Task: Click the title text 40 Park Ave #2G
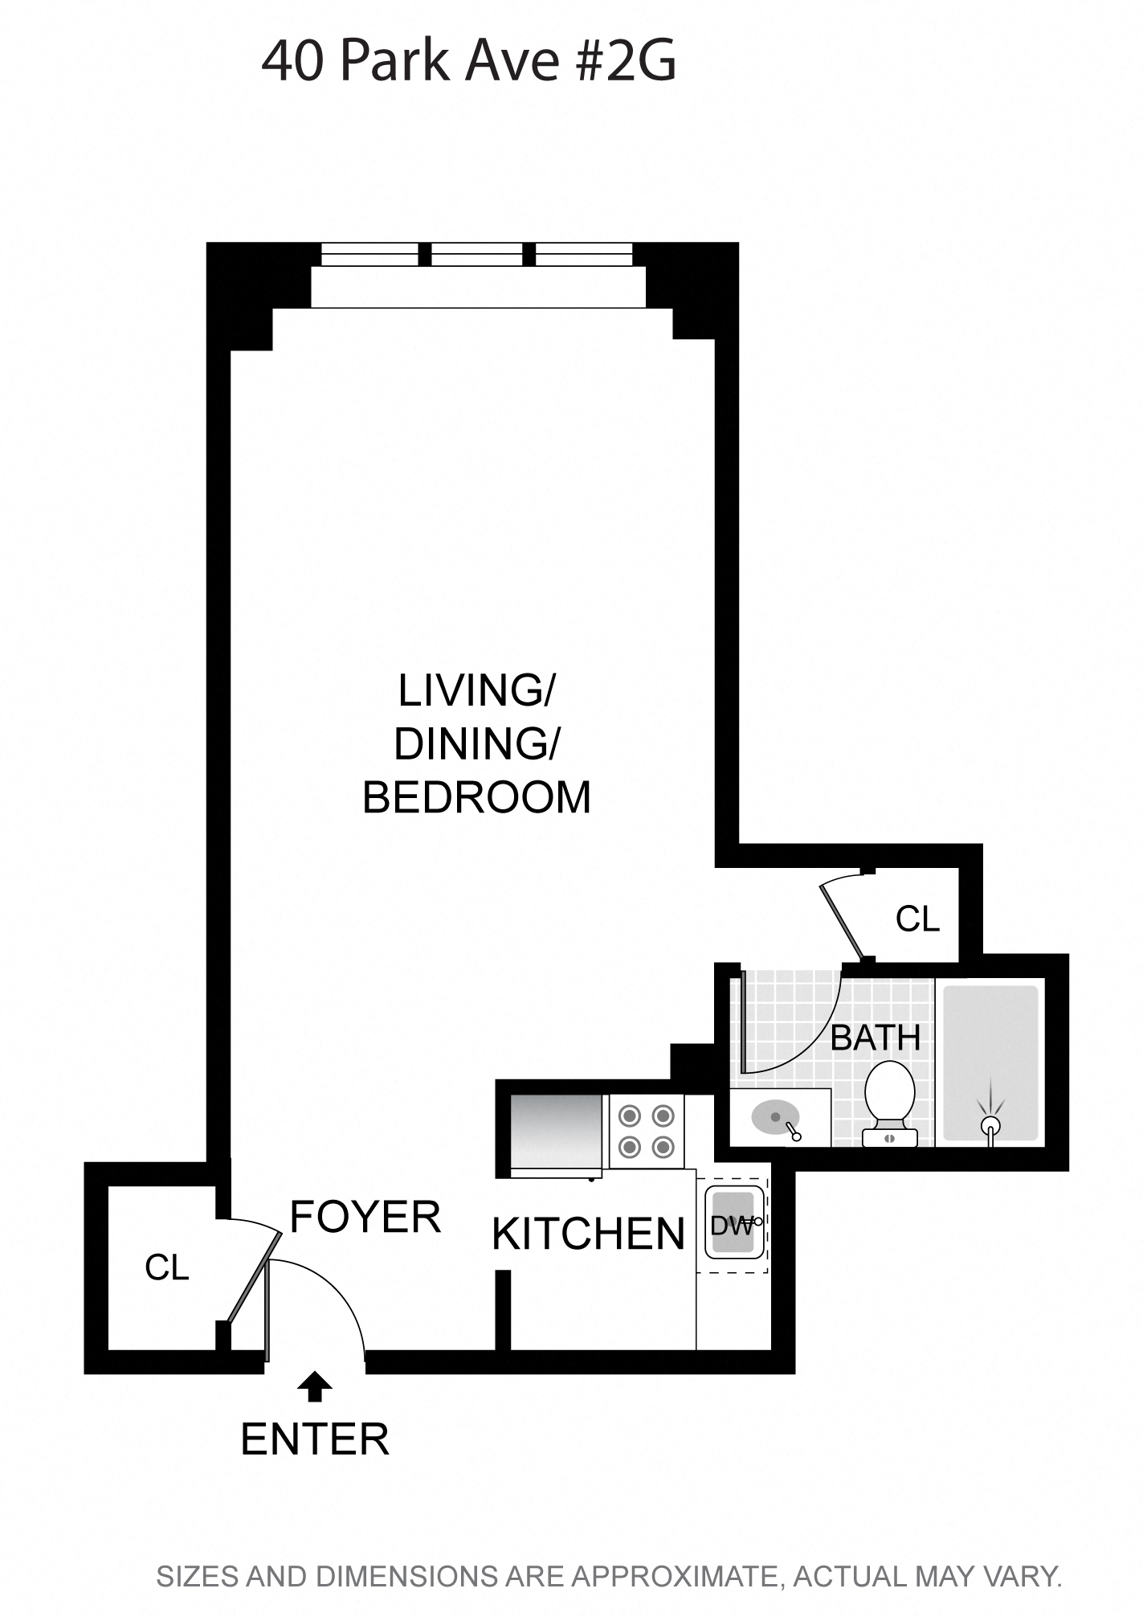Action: point(468,62)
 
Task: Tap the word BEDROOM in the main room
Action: point(476,797)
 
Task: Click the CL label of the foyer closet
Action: point(166,1267)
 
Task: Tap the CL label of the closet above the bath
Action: point(917,919)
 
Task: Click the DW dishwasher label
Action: point(731,1226)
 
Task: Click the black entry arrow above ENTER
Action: point(314,1386)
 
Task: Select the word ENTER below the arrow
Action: point(315,1439)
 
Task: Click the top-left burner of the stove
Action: point(630,1116)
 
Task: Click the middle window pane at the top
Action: point(476,255)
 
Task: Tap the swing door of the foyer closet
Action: point(254,1278)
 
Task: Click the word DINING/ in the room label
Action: point(476,743)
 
